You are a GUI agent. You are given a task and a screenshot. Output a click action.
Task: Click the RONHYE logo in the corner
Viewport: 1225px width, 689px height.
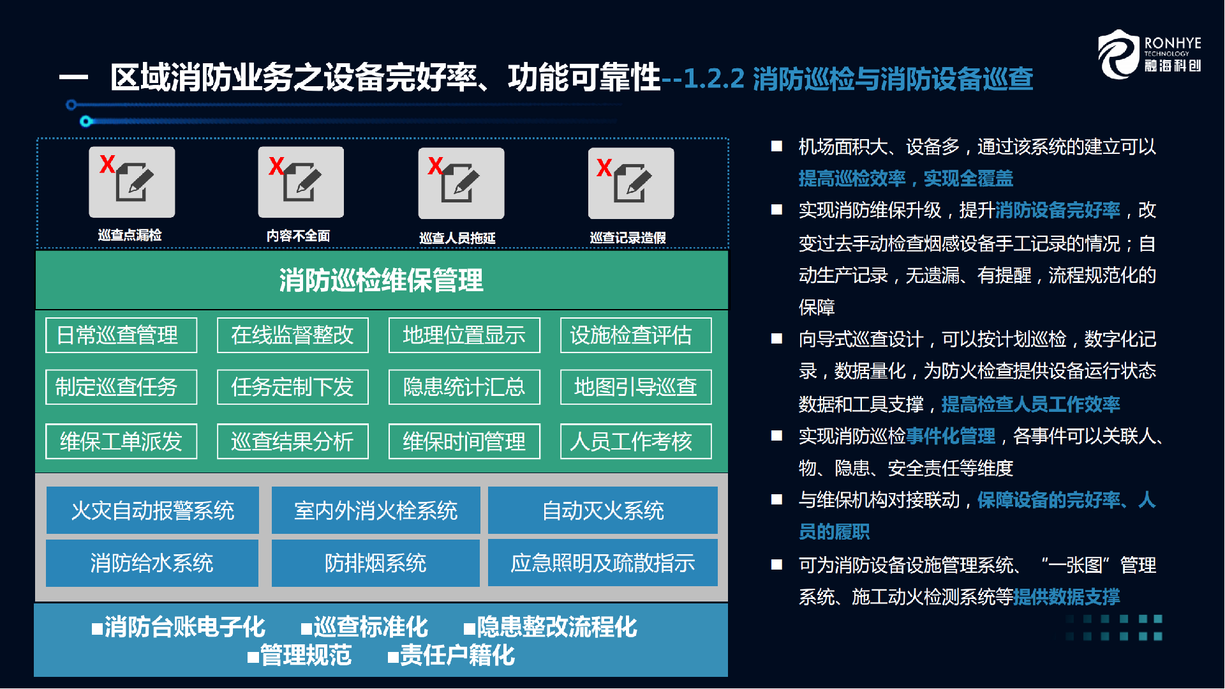coord(1149,54)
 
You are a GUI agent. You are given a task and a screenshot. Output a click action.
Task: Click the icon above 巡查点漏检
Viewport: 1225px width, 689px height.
coord(132,182)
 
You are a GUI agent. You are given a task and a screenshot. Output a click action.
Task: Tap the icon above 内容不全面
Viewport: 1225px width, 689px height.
coord(301,182)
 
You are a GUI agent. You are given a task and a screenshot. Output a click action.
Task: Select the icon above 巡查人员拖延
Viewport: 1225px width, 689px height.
coord(461,183)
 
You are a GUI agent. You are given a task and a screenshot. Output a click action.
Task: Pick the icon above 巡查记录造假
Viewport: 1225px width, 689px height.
coord(631,183)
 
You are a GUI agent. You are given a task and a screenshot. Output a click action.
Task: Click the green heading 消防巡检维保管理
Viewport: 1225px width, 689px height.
coord(381,280)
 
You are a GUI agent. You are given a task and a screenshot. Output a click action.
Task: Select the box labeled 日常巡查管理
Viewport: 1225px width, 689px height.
coord(121,335)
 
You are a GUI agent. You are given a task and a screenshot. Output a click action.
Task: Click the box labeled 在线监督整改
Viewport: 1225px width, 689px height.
coord(293,335)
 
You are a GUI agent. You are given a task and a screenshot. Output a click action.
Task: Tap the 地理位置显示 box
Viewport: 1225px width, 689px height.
coord(464,335)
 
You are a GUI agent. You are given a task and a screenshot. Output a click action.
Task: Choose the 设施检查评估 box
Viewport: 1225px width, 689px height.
coord(636,335)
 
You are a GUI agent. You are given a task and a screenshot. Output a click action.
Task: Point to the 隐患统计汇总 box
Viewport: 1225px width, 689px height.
coord(464,387)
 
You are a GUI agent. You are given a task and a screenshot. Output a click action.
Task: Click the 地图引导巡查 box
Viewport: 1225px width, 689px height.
coord(636,387)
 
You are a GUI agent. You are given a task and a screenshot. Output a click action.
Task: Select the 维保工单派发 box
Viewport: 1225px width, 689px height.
coord(121,441)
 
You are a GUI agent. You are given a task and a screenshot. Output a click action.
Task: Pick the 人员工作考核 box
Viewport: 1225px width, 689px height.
coord(636,441)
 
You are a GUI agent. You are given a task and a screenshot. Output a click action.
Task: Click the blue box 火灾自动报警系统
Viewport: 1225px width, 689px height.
coord(152,510)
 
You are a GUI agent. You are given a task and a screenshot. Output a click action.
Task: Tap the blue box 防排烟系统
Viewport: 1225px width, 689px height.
coord(376,563)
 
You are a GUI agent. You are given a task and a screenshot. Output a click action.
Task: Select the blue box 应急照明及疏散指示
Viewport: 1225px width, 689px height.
coord(603,563)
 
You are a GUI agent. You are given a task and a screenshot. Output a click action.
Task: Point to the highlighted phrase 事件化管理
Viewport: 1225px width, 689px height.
coord(951,436)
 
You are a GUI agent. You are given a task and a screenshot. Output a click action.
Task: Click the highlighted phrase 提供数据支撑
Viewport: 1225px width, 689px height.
coord(1067,597)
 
